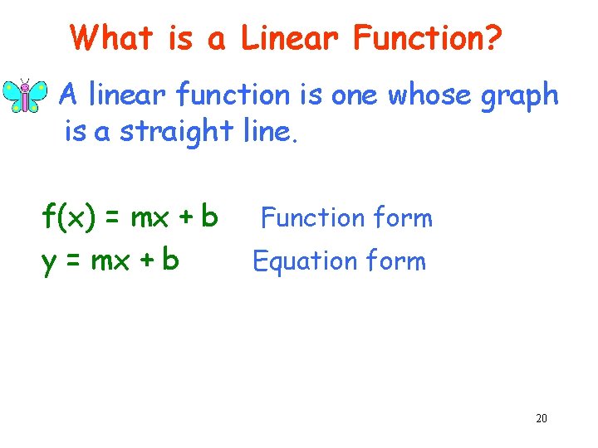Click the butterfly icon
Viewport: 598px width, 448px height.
[26, 96]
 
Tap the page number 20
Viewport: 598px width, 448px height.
[542, 418]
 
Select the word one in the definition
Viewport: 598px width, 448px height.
[355, 97]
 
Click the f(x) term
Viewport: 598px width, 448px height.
[67, 218]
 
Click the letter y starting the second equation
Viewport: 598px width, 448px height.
[49, 262]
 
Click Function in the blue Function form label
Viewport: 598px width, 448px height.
[301, 218]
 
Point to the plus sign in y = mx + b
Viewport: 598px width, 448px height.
[144, 261]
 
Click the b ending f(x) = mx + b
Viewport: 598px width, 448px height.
[209, 217]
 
